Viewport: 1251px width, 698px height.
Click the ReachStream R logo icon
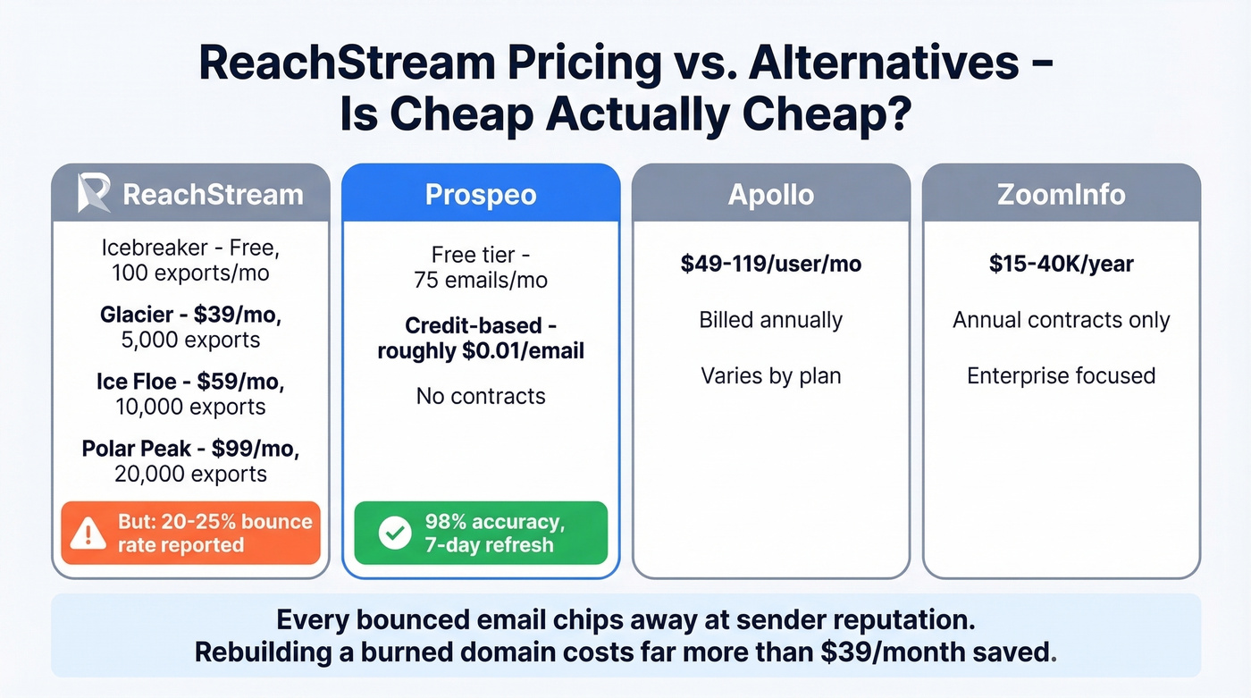coord(94,194)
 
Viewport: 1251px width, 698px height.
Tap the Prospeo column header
coord(481,195)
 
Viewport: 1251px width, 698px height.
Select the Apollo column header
coord(770,195)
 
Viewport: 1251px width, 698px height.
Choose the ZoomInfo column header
coord(1061,195)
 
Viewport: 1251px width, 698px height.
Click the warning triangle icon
coord(88,534)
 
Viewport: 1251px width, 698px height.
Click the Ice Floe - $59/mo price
coord(190,382)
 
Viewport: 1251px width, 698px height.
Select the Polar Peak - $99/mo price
coord(190,449)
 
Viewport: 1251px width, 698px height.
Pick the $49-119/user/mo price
coord(770,264)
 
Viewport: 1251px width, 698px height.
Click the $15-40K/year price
coord(1061,264)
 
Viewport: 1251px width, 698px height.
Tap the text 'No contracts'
coord(481,395)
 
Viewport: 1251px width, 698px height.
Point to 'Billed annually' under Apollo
coord(770,320)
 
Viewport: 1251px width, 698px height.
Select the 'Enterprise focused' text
coord(1061,375)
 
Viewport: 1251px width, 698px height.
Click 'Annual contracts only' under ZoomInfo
coord(1061,320)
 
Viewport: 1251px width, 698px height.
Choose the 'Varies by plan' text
coord(770,375)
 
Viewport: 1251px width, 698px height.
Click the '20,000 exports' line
coord(190,474)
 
